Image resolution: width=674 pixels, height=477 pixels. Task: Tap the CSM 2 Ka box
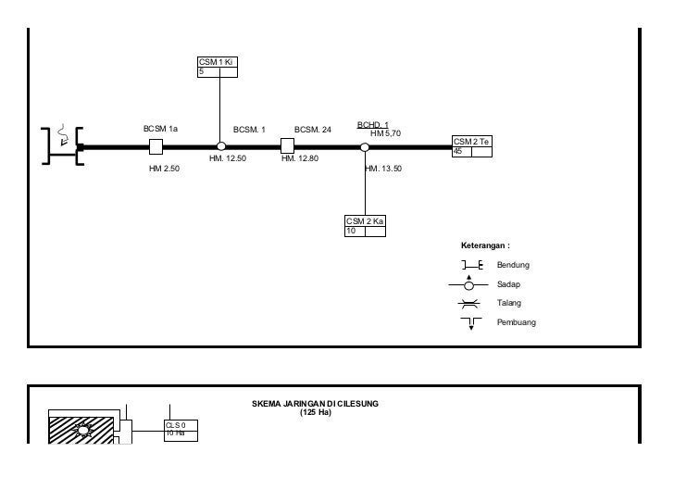click(366, 226)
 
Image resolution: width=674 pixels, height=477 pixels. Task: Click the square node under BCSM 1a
click(156, 146)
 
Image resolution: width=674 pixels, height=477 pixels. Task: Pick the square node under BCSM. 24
click(287, 146)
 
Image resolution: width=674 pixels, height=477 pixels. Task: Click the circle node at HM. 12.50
click(220, 146)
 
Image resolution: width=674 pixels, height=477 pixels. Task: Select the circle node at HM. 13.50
click(365, 146)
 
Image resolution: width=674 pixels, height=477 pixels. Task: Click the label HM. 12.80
click(300, 158)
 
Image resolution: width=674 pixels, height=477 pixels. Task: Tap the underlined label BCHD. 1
click(372, 125)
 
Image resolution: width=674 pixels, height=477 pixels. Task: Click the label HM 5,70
click(385, 133)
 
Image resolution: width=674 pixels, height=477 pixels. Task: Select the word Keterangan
click(485, 245)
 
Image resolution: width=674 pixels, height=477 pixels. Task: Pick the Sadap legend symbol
click(468, 284)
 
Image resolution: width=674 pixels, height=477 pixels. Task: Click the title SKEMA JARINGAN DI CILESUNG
click(315, 404)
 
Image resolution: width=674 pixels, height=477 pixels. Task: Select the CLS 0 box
click(181, 429)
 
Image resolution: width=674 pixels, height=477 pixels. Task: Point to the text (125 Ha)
click(315, 412)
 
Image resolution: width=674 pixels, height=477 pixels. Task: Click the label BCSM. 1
click(249, 130)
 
